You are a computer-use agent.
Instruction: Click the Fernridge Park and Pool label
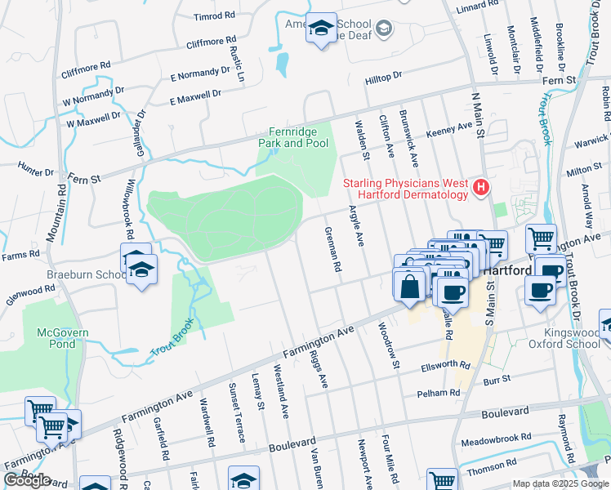(299, 137)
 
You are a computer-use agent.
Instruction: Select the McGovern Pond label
(62, 338)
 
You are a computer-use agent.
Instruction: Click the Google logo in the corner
(27, 479)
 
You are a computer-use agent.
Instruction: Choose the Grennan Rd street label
(332, 249)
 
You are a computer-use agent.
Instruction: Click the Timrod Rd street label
(215, 16)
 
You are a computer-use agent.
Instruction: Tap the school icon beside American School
(321, 29)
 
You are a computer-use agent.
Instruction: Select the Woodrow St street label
(387, 344)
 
